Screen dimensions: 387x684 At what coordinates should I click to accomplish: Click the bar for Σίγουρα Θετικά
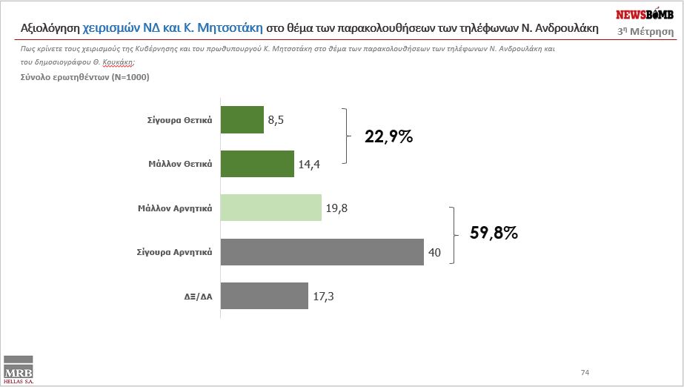tap(243, 119)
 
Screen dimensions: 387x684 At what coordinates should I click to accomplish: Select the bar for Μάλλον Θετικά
tap(258, 164)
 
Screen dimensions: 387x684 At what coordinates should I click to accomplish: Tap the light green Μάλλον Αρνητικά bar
tap(271, 208)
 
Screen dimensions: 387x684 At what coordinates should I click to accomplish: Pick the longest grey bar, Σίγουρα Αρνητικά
tap(322, 252)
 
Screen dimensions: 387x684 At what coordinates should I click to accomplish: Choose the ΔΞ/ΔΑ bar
tap(265, 296)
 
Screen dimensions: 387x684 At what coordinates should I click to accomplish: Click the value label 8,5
tap(276, 120)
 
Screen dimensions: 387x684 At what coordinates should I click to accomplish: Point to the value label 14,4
tap(308, 165)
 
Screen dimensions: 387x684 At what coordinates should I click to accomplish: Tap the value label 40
tap(434, 253)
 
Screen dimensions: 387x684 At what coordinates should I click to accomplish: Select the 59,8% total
tap(494, 233)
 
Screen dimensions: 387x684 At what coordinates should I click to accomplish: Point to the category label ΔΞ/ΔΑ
tap(198, 297)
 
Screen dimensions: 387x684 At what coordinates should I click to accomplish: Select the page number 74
tap(585, 371)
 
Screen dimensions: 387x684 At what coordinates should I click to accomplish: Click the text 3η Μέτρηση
tap(645, 31)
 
